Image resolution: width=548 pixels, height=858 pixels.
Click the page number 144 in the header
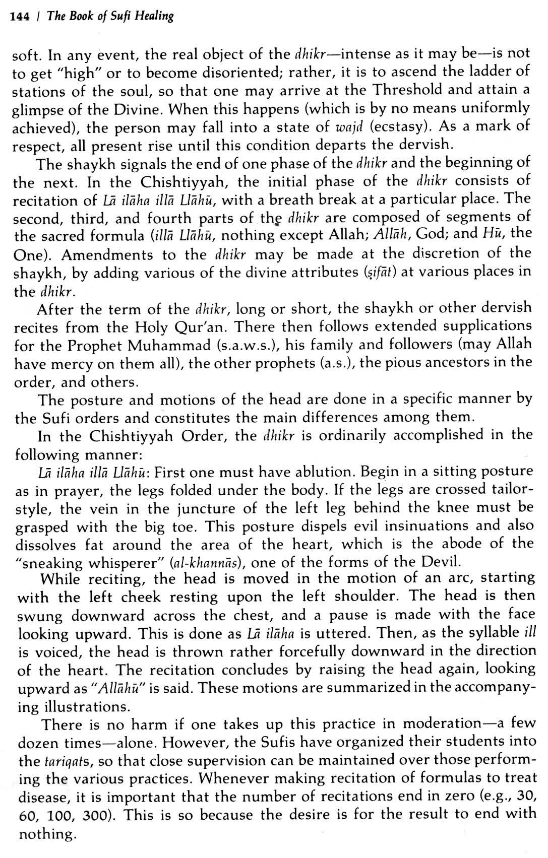pyautogui.click(x=22, y=16)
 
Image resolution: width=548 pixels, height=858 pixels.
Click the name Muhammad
pyautogui.click(x=172, y=346)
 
